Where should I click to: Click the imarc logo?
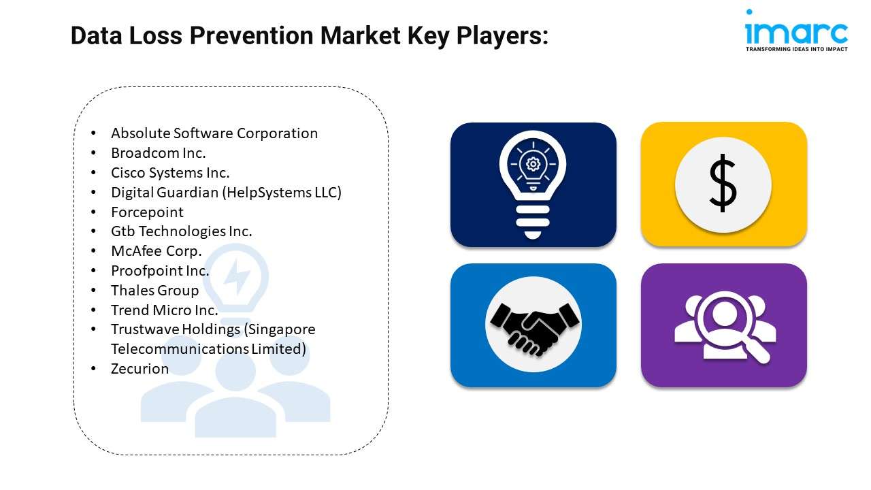click(x=796, y=31)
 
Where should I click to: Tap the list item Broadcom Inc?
click(x=159, y=153)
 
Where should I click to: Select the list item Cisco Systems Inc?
click(x=170, y=173)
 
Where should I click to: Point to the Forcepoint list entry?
click(x=147, y=212)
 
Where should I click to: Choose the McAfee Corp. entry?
click(x=157, y=251)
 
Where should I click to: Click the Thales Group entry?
click(x=154, y=291)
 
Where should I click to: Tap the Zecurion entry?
click(x=139, y=369)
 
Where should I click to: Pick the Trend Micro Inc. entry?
click(x=165, y=310)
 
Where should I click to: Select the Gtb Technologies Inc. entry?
click(x=182, y=231)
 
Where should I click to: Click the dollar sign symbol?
click(x=723, y=183)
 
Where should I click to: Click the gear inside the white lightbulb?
click(x=533, y=164)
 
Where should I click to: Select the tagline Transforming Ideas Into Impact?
click(x=796, y=49)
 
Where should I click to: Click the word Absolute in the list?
click(x=140, y=133)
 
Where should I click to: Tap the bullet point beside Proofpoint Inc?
click(x=93, y=271)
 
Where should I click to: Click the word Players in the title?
click(x=502, y=36)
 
